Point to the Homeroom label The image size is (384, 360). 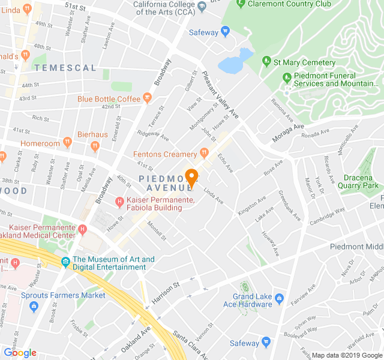pos(40,143)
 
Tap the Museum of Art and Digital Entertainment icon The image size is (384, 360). pos(65,261)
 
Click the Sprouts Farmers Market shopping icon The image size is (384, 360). pos(33,306)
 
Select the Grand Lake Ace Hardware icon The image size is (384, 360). pos(279,298)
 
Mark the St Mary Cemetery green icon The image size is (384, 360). pos(266,62)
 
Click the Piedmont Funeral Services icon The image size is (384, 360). pos(286,78)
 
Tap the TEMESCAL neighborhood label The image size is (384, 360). pos(65,68)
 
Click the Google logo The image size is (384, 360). pos(20,353)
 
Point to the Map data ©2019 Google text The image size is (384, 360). pos(346,355)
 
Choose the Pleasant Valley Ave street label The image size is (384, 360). pos(221,94)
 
